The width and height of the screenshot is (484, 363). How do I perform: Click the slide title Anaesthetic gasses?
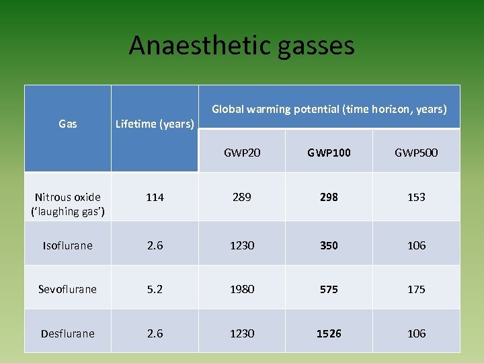click(241, 46)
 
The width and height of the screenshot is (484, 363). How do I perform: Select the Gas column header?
click(67, 124)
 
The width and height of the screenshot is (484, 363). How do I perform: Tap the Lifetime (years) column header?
click(155, 124)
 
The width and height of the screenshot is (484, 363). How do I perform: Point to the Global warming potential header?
click(329, 108)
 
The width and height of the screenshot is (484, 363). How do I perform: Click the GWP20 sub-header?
click(242, 153)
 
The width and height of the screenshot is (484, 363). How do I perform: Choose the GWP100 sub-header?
click(329, 153)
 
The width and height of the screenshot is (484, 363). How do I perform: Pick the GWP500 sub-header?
click(416, 153)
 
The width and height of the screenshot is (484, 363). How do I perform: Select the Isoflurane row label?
click(67, 245)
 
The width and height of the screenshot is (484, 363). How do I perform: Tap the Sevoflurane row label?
click(67, 289)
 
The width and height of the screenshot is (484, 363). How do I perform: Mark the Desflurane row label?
click(67, 333)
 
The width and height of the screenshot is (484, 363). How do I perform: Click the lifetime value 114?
click(155, 197)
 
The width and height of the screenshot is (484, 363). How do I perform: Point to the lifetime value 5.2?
click(155, 289)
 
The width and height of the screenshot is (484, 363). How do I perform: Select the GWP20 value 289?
click(242, 197)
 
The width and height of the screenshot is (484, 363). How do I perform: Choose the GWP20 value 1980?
click(242, 289)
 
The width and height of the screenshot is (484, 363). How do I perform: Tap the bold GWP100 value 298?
click(329, 197)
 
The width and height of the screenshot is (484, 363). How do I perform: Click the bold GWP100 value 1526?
click(329, 333)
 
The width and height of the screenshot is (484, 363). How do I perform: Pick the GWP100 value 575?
click(329, 289)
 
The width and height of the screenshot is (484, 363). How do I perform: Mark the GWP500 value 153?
click(416, 197)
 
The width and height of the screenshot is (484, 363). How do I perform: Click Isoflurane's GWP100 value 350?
click(329, 245)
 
